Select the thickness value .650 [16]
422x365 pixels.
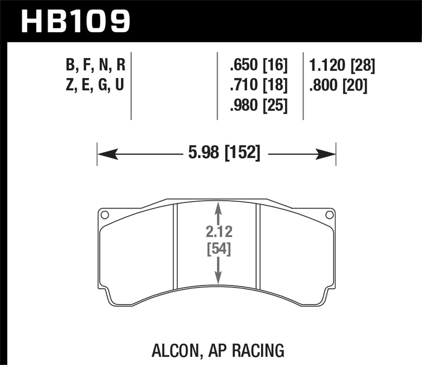[259, 65]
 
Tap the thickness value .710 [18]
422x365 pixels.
[259, 85]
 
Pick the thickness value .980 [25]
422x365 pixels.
[259, 105]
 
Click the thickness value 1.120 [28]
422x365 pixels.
[342, 65]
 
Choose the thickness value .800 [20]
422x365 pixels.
[338, 85]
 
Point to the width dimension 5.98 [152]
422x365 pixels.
[224, 153]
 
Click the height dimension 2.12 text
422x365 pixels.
[218, 232]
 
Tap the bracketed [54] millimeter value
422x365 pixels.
[218, 249]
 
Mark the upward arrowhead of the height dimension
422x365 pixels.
[218, 209]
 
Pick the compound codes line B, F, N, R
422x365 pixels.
[95, 65]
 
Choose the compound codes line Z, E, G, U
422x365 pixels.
[95, 85]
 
